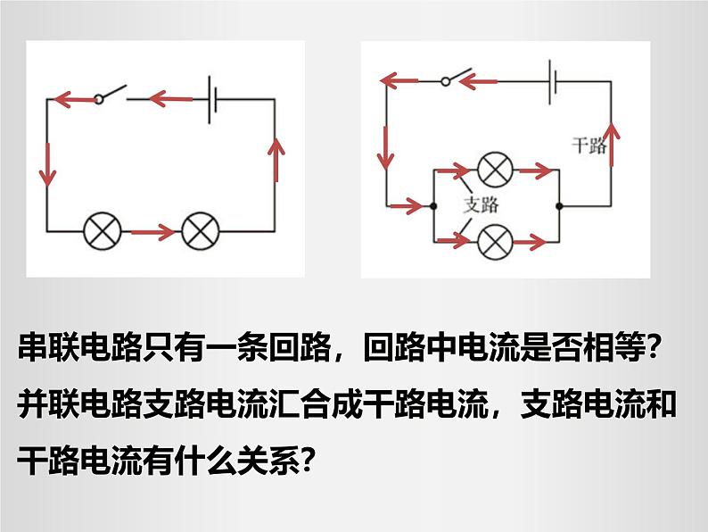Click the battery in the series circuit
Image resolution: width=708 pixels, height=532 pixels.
click(213, 100)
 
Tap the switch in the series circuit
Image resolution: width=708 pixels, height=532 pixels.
click(111, 94)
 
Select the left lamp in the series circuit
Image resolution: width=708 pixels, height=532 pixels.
click(103, 231)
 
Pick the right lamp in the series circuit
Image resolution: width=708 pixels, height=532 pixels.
click(200, 231)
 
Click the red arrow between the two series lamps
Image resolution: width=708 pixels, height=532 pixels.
click(152, 232)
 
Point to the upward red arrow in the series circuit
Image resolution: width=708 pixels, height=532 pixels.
click(276, 159)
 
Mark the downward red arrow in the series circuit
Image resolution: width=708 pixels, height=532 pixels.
click(47, 164)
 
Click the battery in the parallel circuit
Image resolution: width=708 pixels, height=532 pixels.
click(552, 82)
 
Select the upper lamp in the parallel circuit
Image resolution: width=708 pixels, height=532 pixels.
click(495, 169)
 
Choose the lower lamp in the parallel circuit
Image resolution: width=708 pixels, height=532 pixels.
click(495, 241)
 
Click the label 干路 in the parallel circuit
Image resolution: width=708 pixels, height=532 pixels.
click(589, 145)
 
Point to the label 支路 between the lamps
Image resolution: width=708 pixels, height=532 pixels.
click(482, 204)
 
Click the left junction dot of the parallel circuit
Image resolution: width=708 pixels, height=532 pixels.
click(433, 206)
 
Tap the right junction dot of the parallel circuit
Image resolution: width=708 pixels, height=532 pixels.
click(559, 206)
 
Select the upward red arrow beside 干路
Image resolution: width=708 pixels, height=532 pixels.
click(612, 144)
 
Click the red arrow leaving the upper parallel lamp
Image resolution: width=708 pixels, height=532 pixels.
click(536, 170)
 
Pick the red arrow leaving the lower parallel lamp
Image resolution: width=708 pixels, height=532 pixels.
click(530, 242)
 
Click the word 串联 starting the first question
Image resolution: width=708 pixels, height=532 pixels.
click(48, 347)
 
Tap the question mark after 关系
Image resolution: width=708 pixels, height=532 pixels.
click(307, 459)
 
